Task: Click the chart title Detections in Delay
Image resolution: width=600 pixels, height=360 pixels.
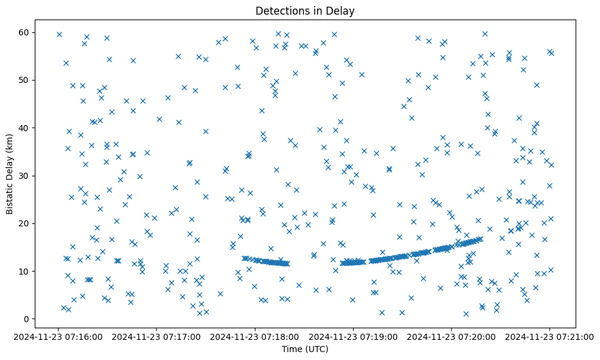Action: [x=305, y=11]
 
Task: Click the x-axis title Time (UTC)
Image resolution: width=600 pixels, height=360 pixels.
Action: [x=305, y=349]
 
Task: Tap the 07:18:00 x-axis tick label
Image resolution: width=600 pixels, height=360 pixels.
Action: [x=255, y=336]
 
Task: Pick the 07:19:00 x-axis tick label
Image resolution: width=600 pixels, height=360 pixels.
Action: [x=354, y=336]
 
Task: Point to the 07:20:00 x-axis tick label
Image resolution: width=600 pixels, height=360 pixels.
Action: [x=452, y=336]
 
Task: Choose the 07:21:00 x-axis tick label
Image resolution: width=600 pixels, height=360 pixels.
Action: [x=550, y=336]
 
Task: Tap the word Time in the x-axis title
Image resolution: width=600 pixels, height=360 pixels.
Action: [x=291, y=349]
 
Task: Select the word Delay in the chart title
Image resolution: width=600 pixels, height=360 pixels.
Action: [x=341, y=11]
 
